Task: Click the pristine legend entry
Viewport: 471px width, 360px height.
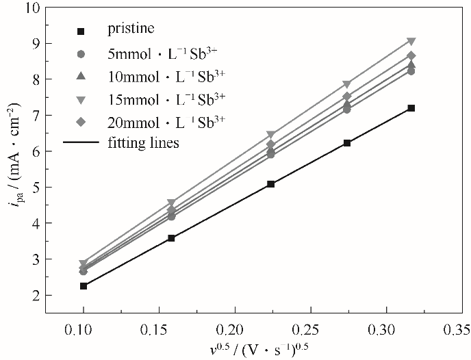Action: pyautogui.click(x=130, y=29)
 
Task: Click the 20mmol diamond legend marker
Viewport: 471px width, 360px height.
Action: pyautogui.click(x=81, y=123)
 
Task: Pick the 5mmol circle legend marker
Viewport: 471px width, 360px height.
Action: pyautogui.click(x=81, y=53)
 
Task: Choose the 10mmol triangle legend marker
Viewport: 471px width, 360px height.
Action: pyautogui.click(x=81, y=76)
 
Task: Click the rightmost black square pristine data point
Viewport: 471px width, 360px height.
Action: pyautogui.click(x=411, y=108)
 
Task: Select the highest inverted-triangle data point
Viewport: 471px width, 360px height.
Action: pyautogui.click(x=411, y=42)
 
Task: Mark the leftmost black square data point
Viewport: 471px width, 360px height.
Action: pyautogui.click(x=84, y=285)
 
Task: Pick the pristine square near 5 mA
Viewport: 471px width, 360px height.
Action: pyautogui.click(x=271, y=184)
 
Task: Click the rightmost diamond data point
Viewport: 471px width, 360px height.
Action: pyautogui.click(x=411, y=55)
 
